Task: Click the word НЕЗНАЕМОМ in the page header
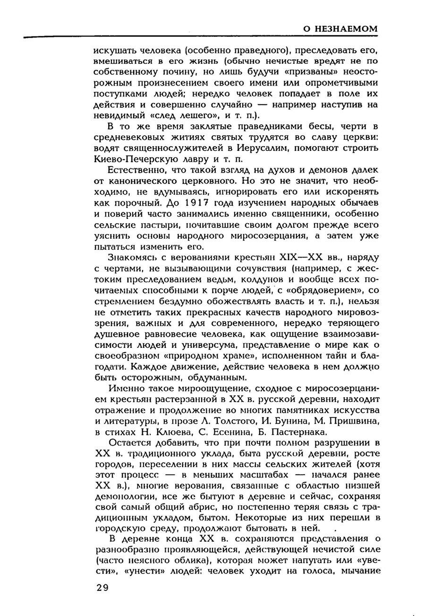coord(347,29)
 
